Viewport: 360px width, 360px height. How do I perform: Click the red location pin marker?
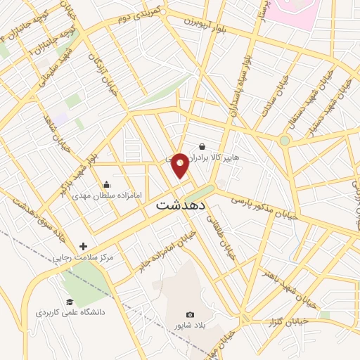(x=180, y=165)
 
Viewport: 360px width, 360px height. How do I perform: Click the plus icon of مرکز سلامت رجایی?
(x=84, y=246)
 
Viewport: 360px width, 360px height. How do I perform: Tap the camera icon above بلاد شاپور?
(x=189, y=315)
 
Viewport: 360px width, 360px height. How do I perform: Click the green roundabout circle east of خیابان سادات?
(x=284, y=141)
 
